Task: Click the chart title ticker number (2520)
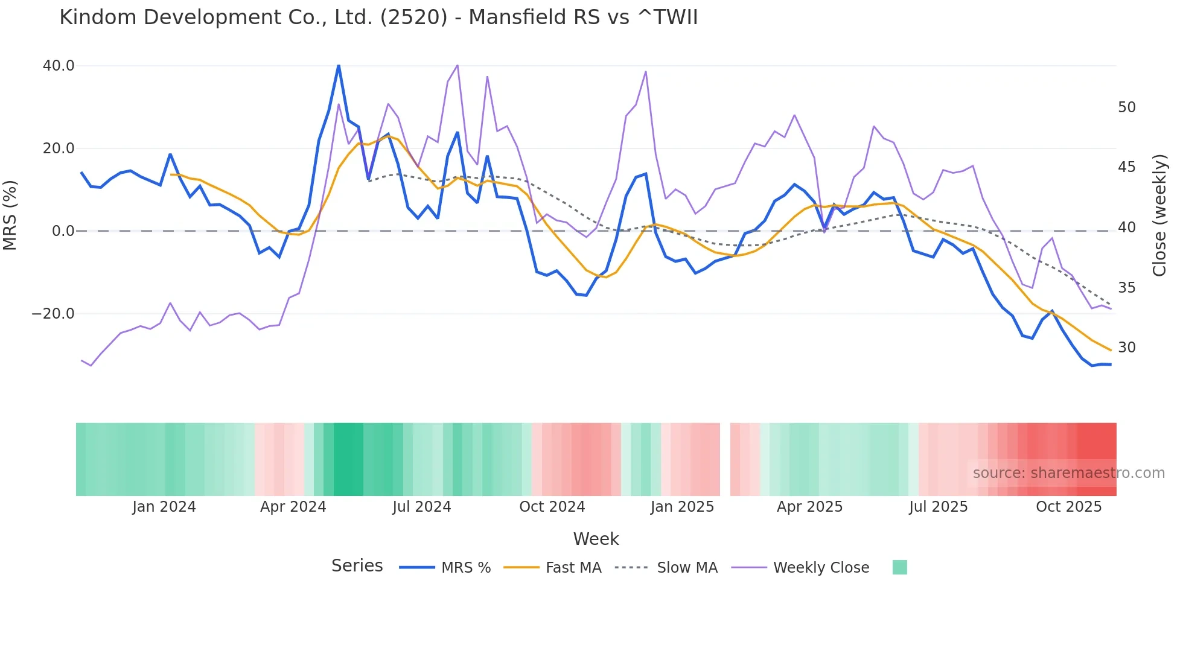click(413, 17)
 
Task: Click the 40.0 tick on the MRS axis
click(59, 66)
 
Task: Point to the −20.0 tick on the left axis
click(54, 314)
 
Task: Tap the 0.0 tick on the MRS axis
click(63, 231)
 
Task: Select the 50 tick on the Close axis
click(1126, 107)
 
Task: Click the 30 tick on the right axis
click(1126, 348)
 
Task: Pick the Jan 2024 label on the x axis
click(164, 507)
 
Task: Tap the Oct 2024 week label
click(552, 507)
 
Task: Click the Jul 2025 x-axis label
click(938, 507)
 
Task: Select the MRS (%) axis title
click(10, 215)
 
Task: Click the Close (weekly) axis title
click(1159, 215)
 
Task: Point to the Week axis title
click(596, 539)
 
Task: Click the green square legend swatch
click(899, 567)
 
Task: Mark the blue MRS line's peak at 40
click(339, 66)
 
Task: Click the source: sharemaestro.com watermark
click(1068, 473)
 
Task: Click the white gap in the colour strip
click(725, 459)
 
